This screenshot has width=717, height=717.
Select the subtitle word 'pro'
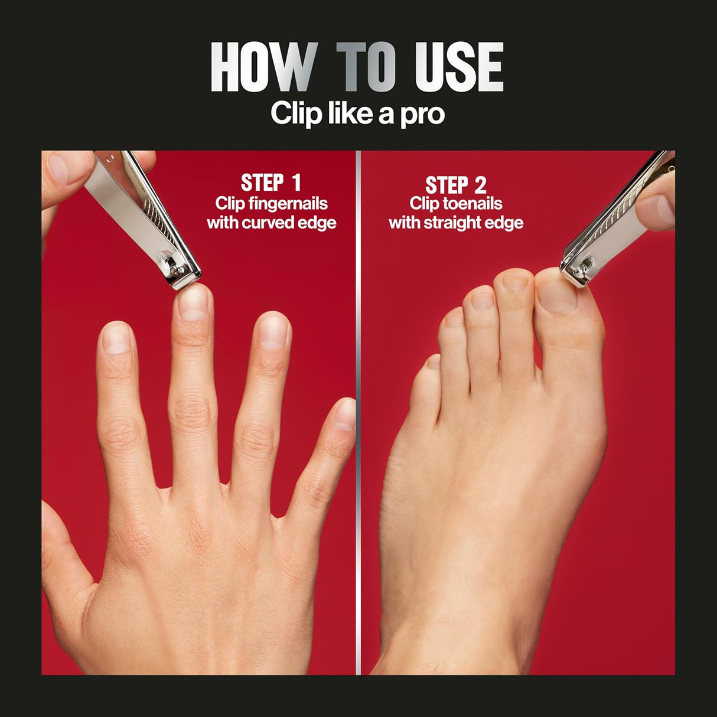tap(422, 113)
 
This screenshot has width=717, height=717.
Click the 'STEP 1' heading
tap(271, 182)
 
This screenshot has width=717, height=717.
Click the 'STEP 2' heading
tap(456, 184)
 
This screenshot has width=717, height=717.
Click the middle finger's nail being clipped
tap(193, 302)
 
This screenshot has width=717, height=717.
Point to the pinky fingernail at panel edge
tap(346, 414)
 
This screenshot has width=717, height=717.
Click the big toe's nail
tap(556, 294)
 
